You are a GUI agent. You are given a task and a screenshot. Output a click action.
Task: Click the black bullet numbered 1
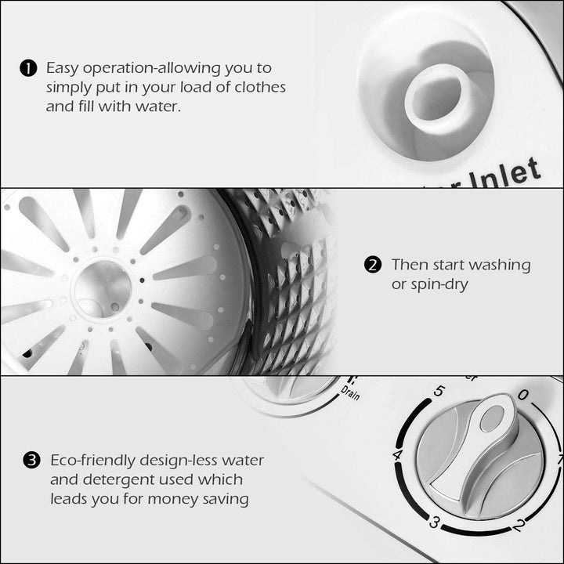[x=28, y=69]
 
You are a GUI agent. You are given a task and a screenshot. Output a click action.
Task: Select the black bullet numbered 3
[x=31, y=461]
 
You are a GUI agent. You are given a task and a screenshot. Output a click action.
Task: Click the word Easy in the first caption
[x=63, y=69]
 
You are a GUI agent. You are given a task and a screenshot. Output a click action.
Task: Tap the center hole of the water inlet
[x=436, y=97]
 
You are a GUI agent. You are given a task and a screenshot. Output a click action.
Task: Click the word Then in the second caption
[x=410, y=265]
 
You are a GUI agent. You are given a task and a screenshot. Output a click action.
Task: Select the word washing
[x=501, y=265]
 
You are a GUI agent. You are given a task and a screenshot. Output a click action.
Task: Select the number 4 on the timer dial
[x=398, y=455]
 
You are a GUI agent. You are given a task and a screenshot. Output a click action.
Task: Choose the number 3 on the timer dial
[x=433, y=522]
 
